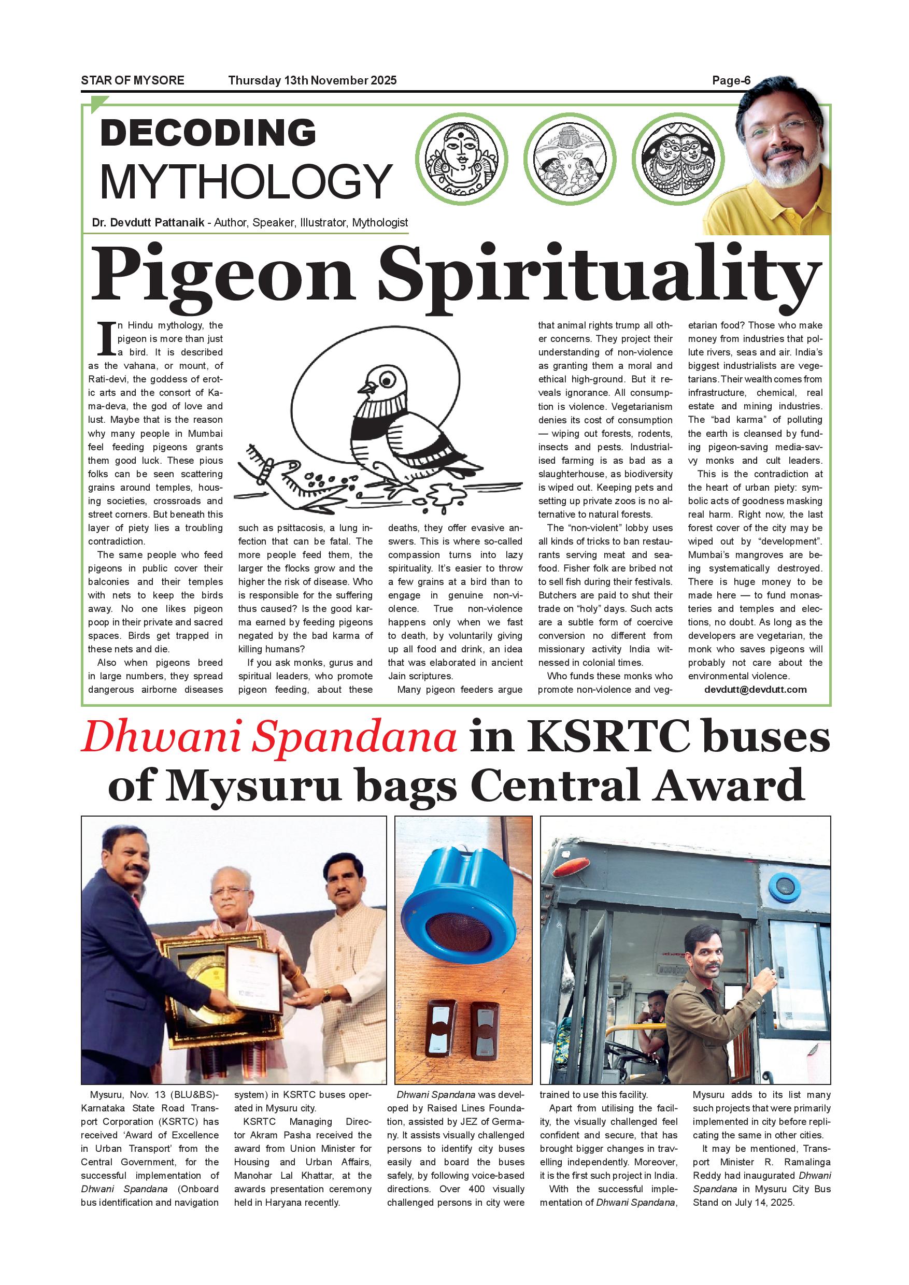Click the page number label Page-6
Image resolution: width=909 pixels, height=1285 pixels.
pyautogui.click(x=730, y=81)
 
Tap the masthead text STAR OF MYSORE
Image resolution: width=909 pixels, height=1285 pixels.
pyautogui.click(x=133, y=81)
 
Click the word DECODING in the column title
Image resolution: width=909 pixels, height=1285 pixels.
pyautogui.click(x=208, y=134)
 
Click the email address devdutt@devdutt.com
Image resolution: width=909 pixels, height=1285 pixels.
pyautogui.click(x=755, y=690)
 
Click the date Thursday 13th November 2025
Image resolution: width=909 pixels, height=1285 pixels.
pyautogui.click(x=313, y=81)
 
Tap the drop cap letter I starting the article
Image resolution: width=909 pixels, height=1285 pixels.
pyautogui.click(x=106, y=338)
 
